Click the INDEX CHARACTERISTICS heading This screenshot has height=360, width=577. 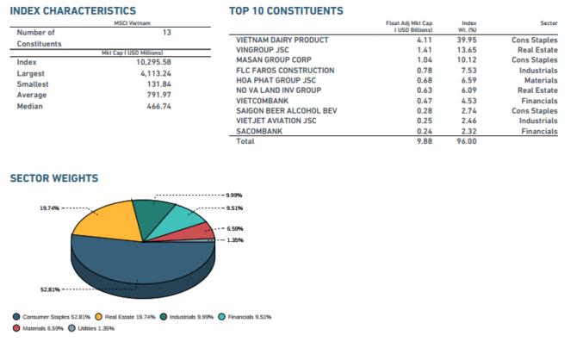pos(72,10)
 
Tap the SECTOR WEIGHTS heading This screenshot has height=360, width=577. pos(53,178)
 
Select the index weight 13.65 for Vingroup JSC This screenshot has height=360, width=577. pos(466,50)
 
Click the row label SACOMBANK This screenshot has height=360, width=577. pos(259,131)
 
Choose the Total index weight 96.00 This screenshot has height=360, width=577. pos(466,141)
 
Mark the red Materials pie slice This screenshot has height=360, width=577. pos(197,230)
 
